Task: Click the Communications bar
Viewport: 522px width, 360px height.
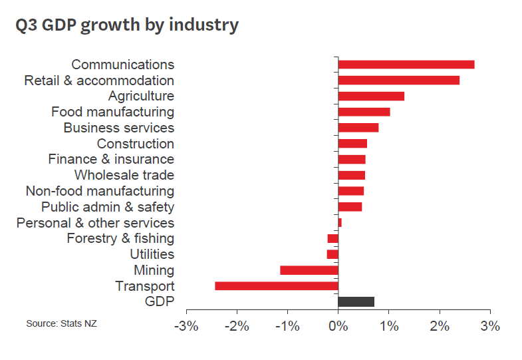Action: tap(406, 65)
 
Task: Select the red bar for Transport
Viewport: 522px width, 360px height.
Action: tap(277, 286)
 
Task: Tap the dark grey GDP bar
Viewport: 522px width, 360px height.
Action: tap(356, 302)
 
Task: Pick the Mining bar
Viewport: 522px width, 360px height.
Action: tap(309, 270)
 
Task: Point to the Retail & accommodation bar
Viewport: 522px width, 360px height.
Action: tap(398, 81)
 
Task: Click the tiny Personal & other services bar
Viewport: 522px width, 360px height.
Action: tap(340, 223)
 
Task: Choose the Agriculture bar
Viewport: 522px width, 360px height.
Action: tap(371, 96)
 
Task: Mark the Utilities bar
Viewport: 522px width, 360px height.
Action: tap(332, 254)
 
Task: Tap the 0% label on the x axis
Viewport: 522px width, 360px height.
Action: tap(338, 327)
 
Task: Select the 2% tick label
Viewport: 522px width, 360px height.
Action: tap(440, 327)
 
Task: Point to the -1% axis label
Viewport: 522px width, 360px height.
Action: tap(287, 327)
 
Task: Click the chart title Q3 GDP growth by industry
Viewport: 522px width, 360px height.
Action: tap(127, 25)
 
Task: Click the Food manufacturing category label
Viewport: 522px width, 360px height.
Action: tap(112, 112)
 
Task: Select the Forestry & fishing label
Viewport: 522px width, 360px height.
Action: tap(120, 238)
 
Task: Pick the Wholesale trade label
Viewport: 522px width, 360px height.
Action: tap(124, 175)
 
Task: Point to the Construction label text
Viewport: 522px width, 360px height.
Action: tap(136, 144)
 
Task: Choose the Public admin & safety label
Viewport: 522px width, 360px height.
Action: tap(108, 207)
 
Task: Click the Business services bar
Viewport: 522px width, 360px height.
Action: tap(358, 128)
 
